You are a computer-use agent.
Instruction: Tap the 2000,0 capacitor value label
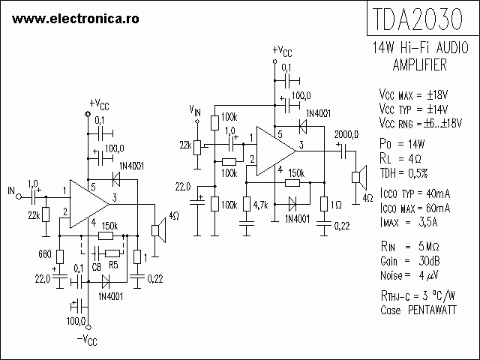click(346, 133)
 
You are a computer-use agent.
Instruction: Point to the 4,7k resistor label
click(261, 204)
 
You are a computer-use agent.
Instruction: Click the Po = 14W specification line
click(403, 142)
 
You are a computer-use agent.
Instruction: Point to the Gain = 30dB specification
click(405, 261)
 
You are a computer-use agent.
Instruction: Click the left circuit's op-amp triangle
click(90, 202)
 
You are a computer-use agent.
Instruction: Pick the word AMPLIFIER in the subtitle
click(420, 65)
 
